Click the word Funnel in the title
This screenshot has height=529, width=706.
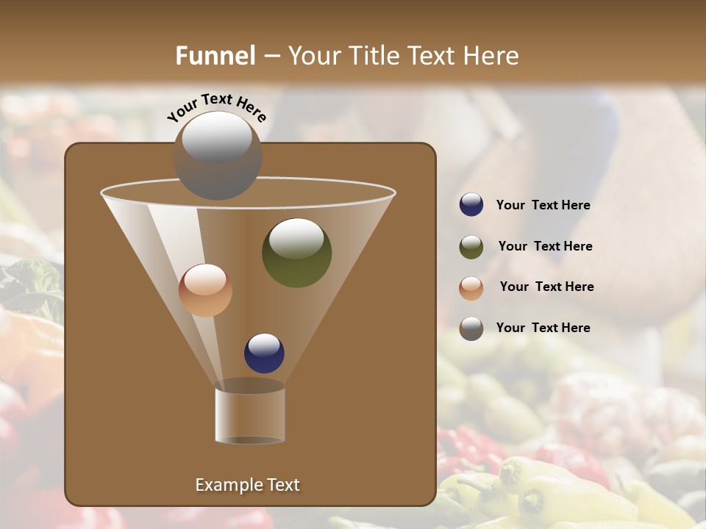[215, 56]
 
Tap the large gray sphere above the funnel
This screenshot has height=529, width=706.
[217, 155]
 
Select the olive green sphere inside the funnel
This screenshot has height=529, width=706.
[296, 252]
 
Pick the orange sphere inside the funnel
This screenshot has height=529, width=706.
[205, 290]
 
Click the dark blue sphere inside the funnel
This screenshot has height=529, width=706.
[264, 353]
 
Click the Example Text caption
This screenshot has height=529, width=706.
[247, 485]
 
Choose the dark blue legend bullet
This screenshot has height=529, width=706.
[471, 205]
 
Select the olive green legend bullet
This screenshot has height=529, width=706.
[471, 247]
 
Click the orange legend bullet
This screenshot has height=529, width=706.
[471, 287]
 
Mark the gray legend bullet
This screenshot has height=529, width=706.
[471, 328]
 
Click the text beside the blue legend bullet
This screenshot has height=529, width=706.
[543, 206]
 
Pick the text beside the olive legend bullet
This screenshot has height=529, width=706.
[545, 247]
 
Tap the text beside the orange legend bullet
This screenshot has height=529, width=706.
[546, 287]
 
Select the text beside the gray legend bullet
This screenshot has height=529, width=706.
[543, 328]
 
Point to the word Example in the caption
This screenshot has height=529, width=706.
[226, 485]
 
